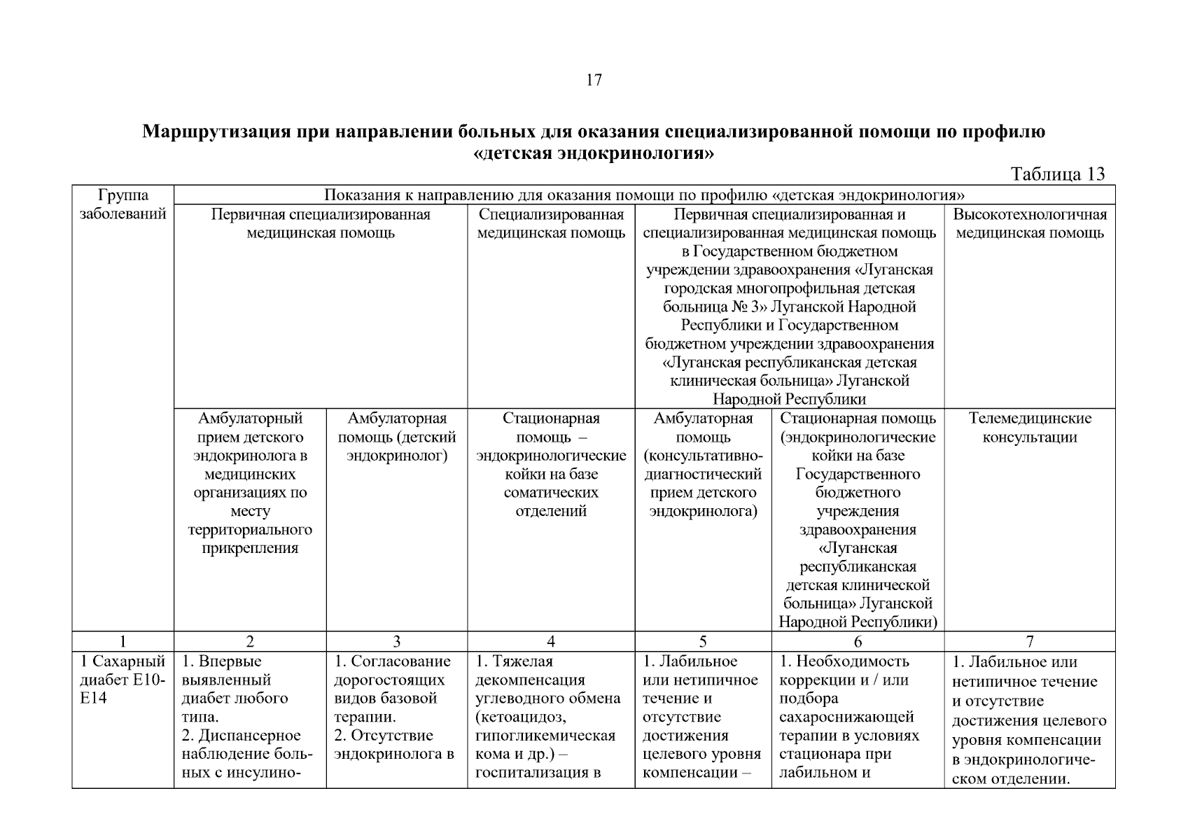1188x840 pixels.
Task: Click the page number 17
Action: coord(593,80)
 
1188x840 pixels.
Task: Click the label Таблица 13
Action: coord(1057,174)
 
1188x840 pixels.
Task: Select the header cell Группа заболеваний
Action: coord(123,204)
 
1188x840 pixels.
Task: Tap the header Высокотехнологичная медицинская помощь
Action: coord(1030,223)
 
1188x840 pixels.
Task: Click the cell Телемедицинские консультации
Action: coord(1030,428)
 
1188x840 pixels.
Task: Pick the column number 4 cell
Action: coord(551,641)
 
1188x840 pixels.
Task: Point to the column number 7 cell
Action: coord(1030,641)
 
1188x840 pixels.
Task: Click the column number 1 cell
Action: coord(123,641)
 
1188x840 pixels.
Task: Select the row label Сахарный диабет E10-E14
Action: coord(123,680)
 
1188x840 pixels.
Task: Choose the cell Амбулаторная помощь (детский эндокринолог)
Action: coord(396,437)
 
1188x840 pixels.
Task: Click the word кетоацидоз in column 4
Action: coord(520,717)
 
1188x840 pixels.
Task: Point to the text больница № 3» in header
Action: coord(707,307)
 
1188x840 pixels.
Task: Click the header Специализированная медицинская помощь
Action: coord(551,223)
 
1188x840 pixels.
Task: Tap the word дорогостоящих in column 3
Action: coord(389,680)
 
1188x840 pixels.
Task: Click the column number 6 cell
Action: coord(858,641)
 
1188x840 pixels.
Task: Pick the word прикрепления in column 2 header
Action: coord(250,548)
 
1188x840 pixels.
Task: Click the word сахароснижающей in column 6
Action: coord(846,717)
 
